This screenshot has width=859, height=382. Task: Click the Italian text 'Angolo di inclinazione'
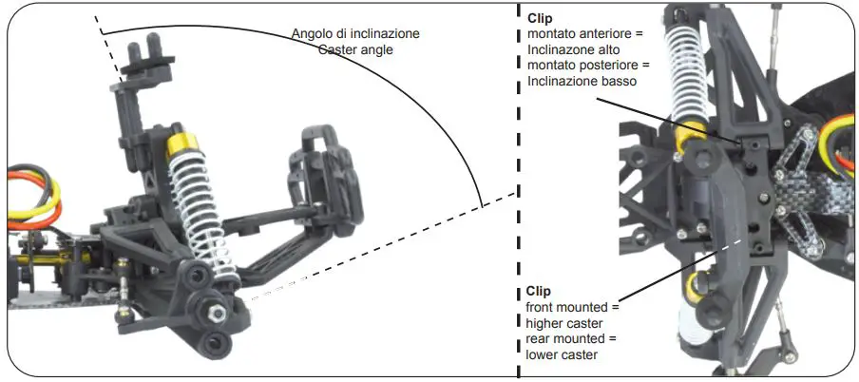tap(355, 33)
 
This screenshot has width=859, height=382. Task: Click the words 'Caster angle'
tap(355, 48)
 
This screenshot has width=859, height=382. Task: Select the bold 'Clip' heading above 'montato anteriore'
tap(539, 18)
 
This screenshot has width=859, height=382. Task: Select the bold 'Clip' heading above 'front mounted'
tap(539, 291)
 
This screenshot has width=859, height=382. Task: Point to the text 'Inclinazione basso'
tap(581, 83)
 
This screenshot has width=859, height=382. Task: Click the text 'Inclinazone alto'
tap(573, 50)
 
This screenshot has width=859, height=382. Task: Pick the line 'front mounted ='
tap(571, 307)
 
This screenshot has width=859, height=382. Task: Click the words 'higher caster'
tap(564, 323)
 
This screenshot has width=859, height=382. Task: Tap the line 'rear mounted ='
tap(569, 339)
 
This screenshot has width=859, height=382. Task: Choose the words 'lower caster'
tap(562, 355)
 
